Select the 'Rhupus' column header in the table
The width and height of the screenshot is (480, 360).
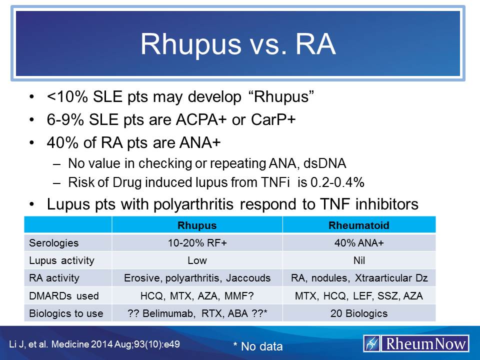[197, 225]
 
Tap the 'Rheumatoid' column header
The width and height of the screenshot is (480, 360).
[358, 225]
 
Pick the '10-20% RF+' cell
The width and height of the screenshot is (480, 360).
[197, 243]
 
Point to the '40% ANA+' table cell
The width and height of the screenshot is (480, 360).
[358, 243]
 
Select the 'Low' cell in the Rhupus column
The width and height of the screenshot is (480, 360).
[197, 260]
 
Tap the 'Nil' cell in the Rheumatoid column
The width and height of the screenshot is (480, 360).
[358, 260]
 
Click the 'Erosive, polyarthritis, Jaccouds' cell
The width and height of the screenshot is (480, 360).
[197, 278]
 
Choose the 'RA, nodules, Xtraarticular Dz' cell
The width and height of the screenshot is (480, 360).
[358, 278]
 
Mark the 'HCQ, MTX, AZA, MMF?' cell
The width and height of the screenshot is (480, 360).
[197, 296]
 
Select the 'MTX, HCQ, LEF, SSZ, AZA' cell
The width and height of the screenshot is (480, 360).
[358, 296]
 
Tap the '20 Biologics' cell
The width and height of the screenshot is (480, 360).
[358, 313]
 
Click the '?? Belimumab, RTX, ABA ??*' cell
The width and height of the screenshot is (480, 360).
[197, 313]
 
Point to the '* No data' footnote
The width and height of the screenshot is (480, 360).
[257, 346]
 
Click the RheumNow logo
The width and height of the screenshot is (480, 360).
[416, 343]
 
